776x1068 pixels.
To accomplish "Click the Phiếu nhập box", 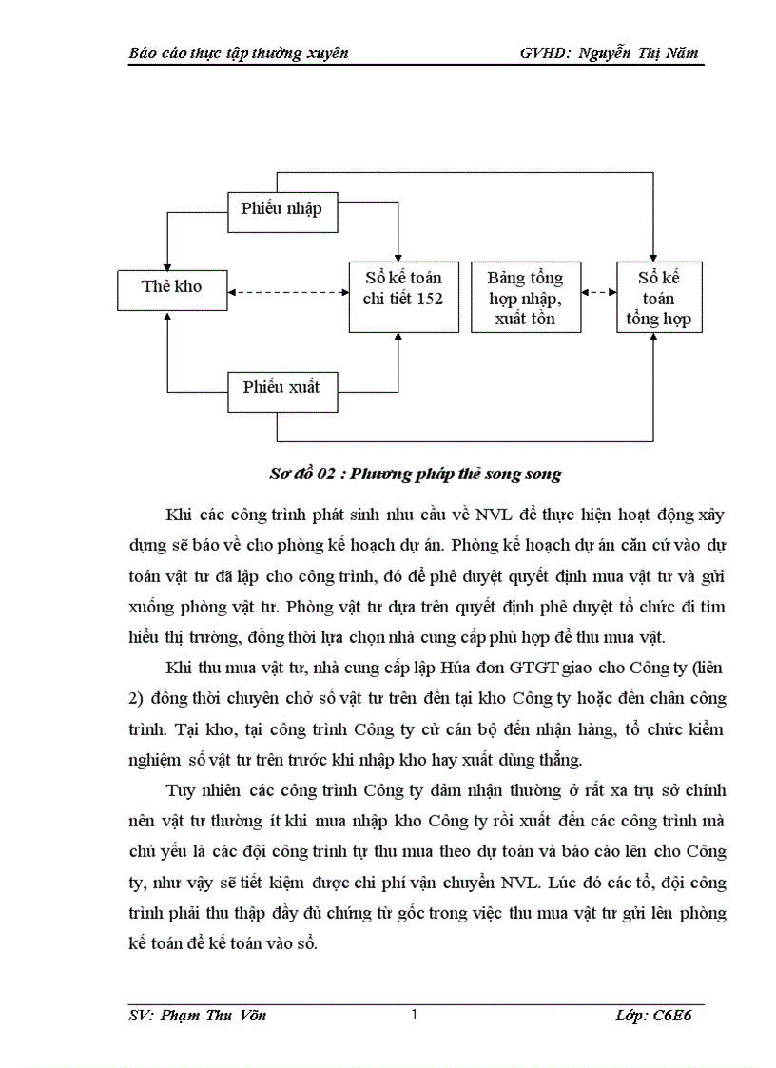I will coord(282,210).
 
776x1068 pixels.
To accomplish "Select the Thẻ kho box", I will coord(172,286).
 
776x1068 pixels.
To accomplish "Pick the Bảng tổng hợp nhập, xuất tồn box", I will coord(525,298).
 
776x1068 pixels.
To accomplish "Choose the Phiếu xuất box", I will coord(282,388).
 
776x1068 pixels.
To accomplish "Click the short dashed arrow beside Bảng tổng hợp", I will coord(597,293).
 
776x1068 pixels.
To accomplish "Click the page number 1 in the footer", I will coord(415,1015).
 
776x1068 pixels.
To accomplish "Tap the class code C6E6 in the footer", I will coord(676,1016).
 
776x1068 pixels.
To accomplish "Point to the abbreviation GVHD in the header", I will coord(543,52).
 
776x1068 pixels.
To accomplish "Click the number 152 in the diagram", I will coord(429,299).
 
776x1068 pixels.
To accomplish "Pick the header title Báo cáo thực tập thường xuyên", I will coord(238,52).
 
